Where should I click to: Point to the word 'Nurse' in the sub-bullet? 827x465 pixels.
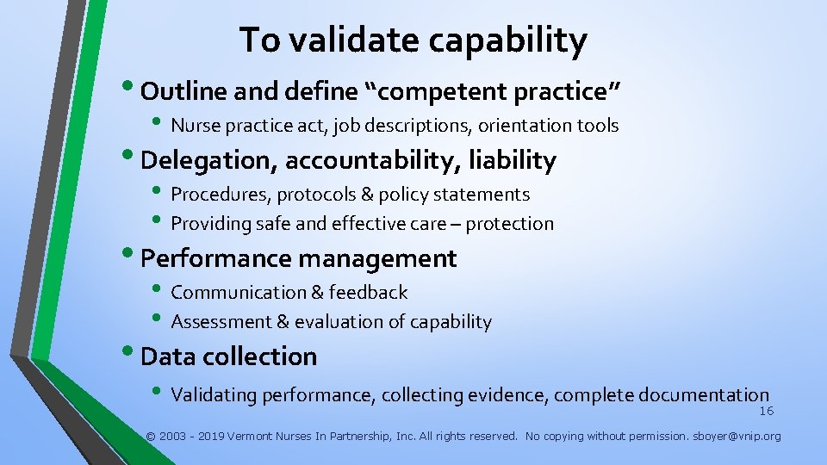tap(196, 126)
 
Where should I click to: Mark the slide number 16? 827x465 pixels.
tap(766, 412)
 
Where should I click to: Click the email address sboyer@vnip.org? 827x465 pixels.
tap(737, 437)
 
